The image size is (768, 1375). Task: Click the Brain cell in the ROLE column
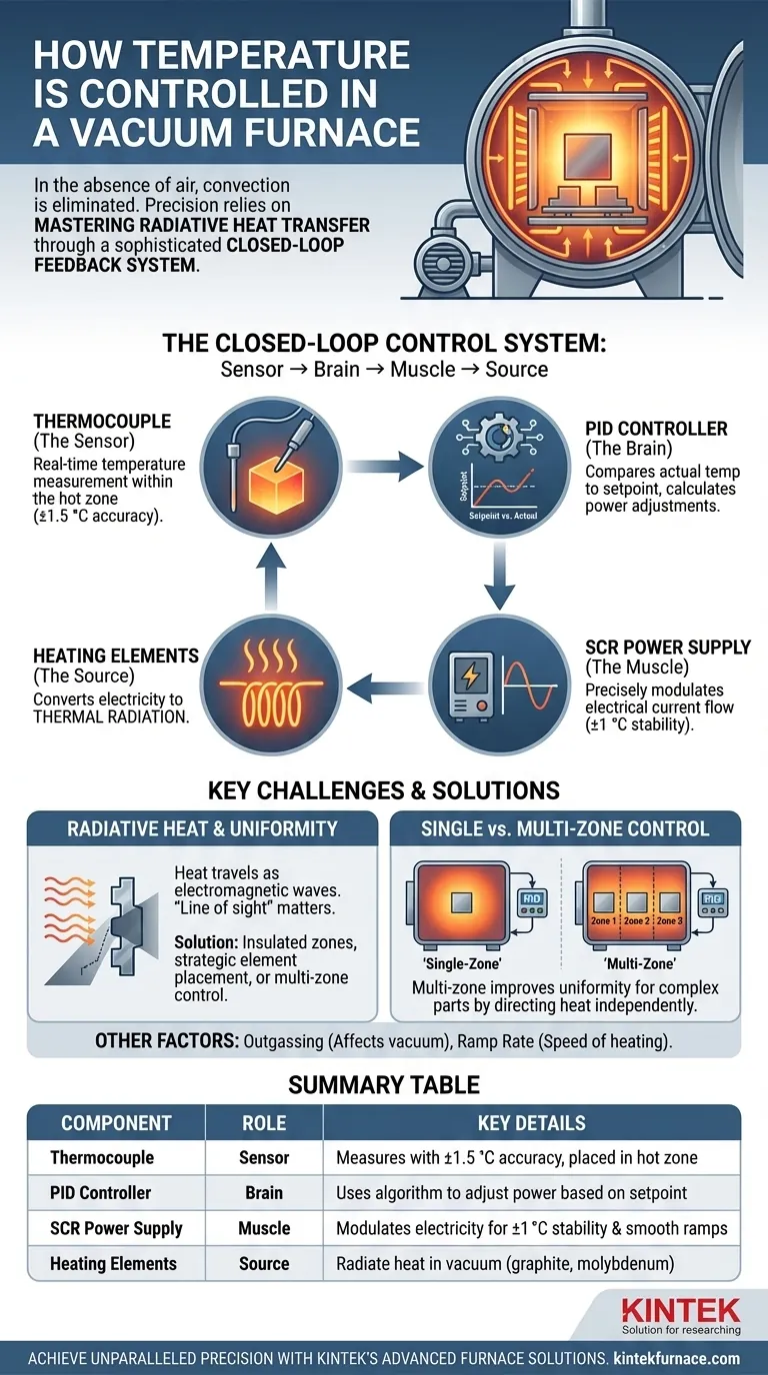coord(264,1193)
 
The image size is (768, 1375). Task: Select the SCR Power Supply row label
coord(116,1228)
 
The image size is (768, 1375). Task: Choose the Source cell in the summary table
coord(264,1263)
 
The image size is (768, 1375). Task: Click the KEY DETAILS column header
coord(531,1123)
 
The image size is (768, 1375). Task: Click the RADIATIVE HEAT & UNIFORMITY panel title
coord(203,828)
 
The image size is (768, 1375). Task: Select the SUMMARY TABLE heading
coord(383,1083)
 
